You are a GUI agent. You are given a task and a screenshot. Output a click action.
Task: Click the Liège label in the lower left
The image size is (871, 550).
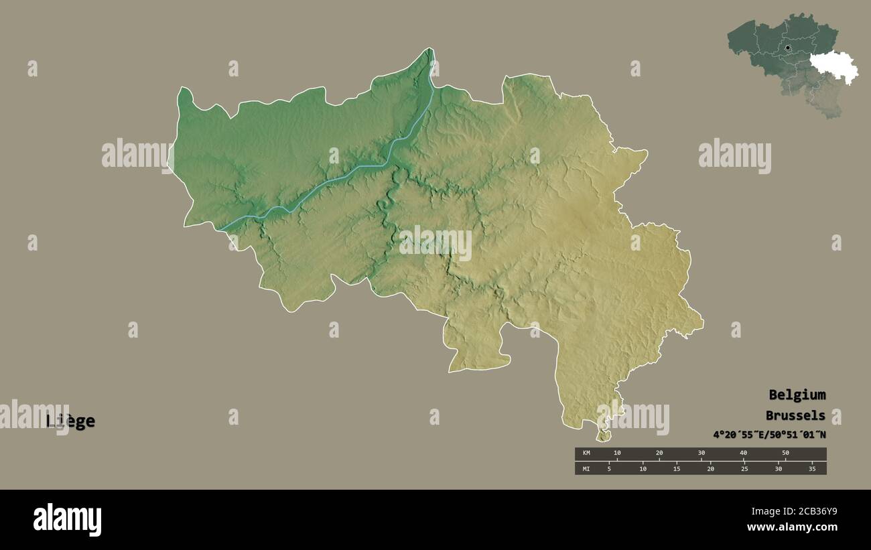click(70, 421)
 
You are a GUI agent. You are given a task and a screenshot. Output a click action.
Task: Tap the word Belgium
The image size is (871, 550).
click(797, 395)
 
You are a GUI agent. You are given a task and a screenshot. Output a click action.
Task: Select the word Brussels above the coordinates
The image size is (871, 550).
click(795, 415)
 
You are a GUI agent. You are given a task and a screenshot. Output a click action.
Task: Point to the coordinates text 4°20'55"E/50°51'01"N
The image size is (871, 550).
click(769, 435)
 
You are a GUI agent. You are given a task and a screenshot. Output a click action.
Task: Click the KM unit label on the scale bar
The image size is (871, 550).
click(586, 453)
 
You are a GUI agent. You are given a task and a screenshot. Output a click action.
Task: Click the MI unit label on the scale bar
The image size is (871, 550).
click(586, 469)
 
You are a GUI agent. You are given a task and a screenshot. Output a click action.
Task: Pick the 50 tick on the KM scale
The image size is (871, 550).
click(785, 453)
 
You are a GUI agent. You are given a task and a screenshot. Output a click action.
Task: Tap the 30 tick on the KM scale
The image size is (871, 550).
click(701, 453)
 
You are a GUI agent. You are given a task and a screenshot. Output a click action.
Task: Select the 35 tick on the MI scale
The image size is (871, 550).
click(812, 469)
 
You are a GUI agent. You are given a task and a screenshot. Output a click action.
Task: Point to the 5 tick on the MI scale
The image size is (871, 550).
click(608, 469)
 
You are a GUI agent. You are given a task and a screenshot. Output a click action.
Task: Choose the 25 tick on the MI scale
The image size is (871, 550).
click(744, 469)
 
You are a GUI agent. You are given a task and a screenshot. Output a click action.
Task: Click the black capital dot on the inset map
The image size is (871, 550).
click(788, 48)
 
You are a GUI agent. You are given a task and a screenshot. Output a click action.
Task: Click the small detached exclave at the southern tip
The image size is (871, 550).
click(604, 436)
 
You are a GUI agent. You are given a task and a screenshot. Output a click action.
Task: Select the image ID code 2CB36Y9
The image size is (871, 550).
click(813, 512)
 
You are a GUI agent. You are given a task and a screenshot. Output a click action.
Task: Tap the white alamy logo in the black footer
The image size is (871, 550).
click(67, 520)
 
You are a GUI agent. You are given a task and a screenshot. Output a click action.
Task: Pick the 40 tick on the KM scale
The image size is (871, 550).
click(743, 453)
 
